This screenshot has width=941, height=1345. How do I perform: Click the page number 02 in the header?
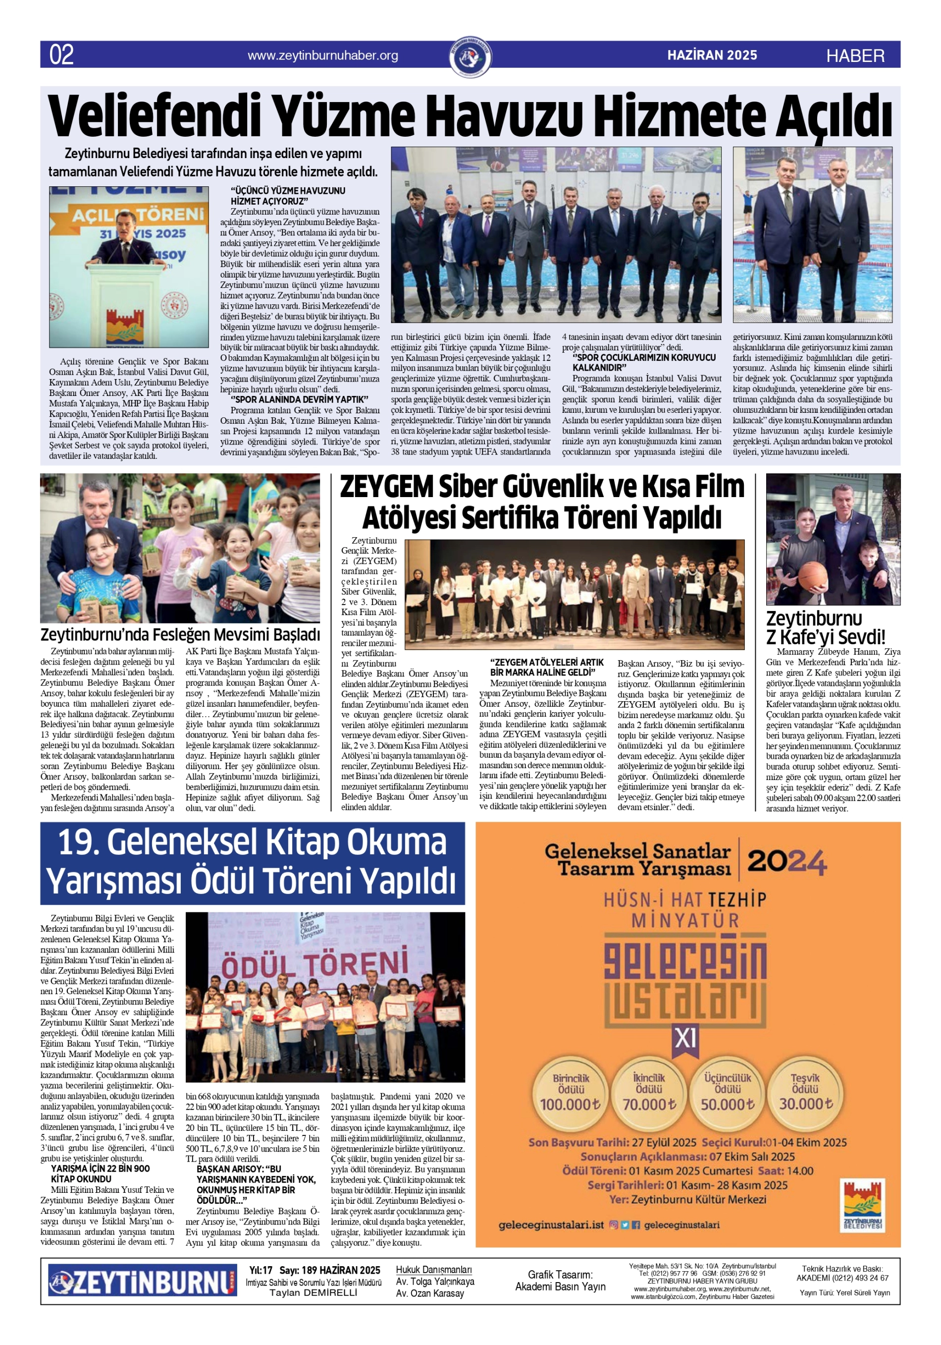tap(61, 55)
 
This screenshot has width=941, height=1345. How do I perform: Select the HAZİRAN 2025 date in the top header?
tap(712, 56)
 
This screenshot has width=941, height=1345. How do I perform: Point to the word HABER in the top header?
tap(855, 56)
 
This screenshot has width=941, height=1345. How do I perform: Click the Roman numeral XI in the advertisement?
tap(686, 1039)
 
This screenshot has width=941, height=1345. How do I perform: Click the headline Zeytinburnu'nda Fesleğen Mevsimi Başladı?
tap(180, 635)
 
